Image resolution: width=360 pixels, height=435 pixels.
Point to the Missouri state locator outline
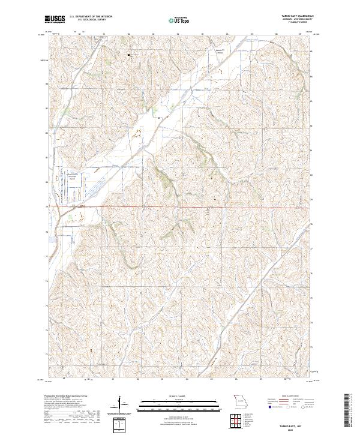239,398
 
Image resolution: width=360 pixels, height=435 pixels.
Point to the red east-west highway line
180,208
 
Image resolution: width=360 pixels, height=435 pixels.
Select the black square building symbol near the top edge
128,55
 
